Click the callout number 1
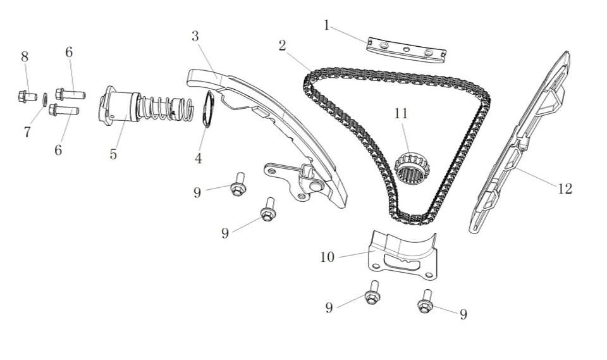(x=326, y=25)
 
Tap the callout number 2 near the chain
(x=282, y=46)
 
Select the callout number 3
(x=195, y=36)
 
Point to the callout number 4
(x=199, y=159)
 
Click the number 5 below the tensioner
(x=113, y=154)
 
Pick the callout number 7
(x=27, y=132)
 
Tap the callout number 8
(x=25, y=57)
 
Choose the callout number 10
(x=327, y=257)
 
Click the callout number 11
(x=401, y=113)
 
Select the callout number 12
(x=565, y=189)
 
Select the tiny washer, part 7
(x=45, y=99)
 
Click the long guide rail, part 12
(x=518, y=146)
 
